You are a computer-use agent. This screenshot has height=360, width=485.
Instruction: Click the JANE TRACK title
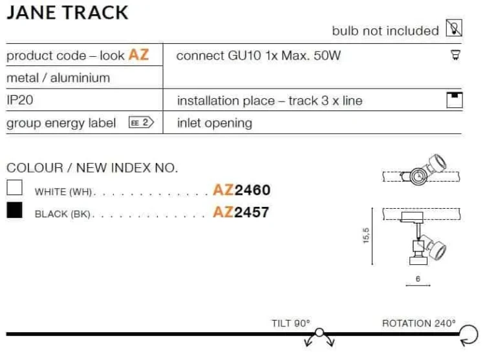click(67, 13)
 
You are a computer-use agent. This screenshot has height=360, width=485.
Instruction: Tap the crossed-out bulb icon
click(454, 28)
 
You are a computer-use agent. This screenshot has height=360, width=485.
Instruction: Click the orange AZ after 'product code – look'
click(138, 55)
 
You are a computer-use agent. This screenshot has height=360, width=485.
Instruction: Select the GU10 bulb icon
click(455, 55)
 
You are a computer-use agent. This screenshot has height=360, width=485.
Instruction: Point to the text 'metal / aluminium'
click(58, 78)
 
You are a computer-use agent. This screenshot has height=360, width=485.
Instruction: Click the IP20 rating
click(20, 100)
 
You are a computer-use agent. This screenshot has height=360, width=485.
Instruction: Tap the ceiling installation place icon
click(455, 100)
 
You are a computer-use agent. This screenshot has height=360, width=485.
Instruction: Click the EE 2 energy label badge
click(142, 122)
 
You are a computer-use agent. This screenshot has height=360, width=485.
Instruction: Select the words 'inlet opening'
click(215, 123)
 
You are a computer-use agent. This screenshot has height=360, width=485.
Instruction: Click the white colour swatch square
click(14, 187)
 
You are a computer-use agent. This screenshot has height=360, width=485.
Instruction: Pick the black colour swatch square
click(14, 210)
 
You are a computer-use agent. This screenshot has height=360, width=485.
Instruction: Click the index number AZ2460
click(242, 190)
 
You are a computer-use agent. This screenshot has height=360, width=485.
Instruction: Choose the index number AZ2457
click(241, 212)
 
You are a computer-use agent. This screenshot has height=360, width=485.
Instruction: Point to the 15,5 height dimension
click(366, 236)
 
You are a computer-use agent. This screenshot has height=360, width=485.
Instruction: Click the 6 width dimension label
click(418, 279)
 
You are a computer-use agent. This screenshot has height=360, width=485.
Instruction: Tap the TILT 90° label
click(291, 323)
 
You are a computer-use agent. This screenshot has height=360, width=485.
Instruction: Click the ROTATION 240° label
click(419, 323)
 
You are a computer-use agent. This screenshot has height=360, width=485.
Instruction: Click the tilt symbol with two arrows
click(319, 337)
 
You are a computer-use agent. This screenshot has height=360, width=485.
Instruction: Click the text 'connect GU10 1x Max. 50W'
click(259, 56)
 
